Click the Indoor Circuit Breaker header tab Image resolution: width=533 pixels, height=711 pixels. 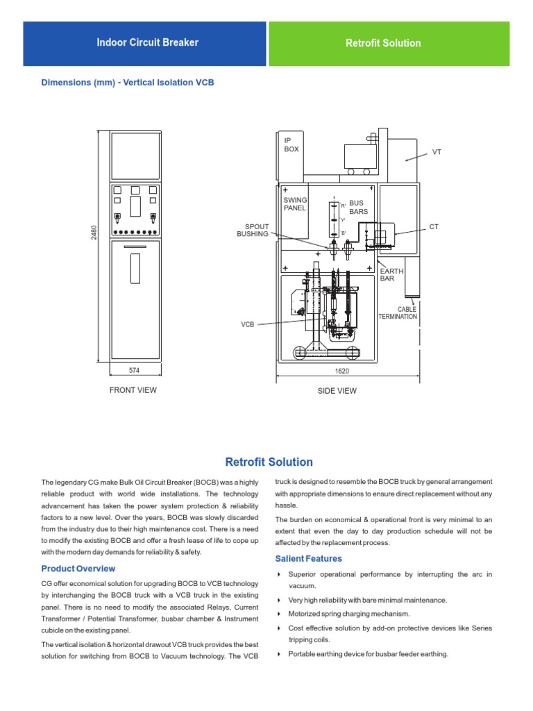tap(147, 43)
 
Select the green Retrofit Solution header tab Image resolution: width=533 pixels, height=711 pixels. tap(383, 43)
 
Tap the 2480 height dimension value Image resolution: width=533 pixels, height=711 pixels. tap(94, 232)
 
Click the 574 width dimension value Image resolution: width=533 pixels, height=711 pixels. tap(135, 371)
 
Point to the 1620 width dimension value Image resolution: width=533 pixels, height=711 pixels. tap(341, 371)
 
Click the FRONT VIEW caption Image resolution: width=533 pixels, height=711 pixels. tap(133, 390)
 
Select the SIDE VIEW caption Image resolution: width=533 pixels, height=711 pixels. tap(337, 391)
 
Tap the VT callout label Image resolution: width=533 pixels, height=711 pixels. tap(437, 151)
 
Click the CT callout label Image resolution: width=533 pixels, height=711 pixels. tap(434, 227)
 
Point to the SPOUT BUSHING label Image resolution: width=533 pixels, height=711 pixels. tap(253, 231)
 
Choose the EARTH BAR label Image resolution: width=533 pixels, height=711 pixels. tap(387, 274)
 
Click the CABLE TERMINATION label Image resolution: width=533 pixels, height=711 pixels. tap(398, 313)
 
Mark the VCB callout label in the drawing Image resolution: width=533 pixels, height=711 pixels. tap(248, 324)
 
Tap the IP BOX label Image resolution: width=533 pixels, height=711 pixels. tap(291, 145)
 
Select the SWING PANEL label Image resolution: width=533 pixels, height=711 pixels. tap(295, 204)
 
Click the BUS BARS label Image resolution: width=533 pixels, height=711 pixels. tap(359, 207)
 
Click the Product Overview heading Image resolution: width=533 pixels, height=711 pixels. tap(78, 569)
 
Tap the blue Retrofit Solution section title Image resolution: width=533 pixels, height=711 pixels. tap(269, 462)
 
